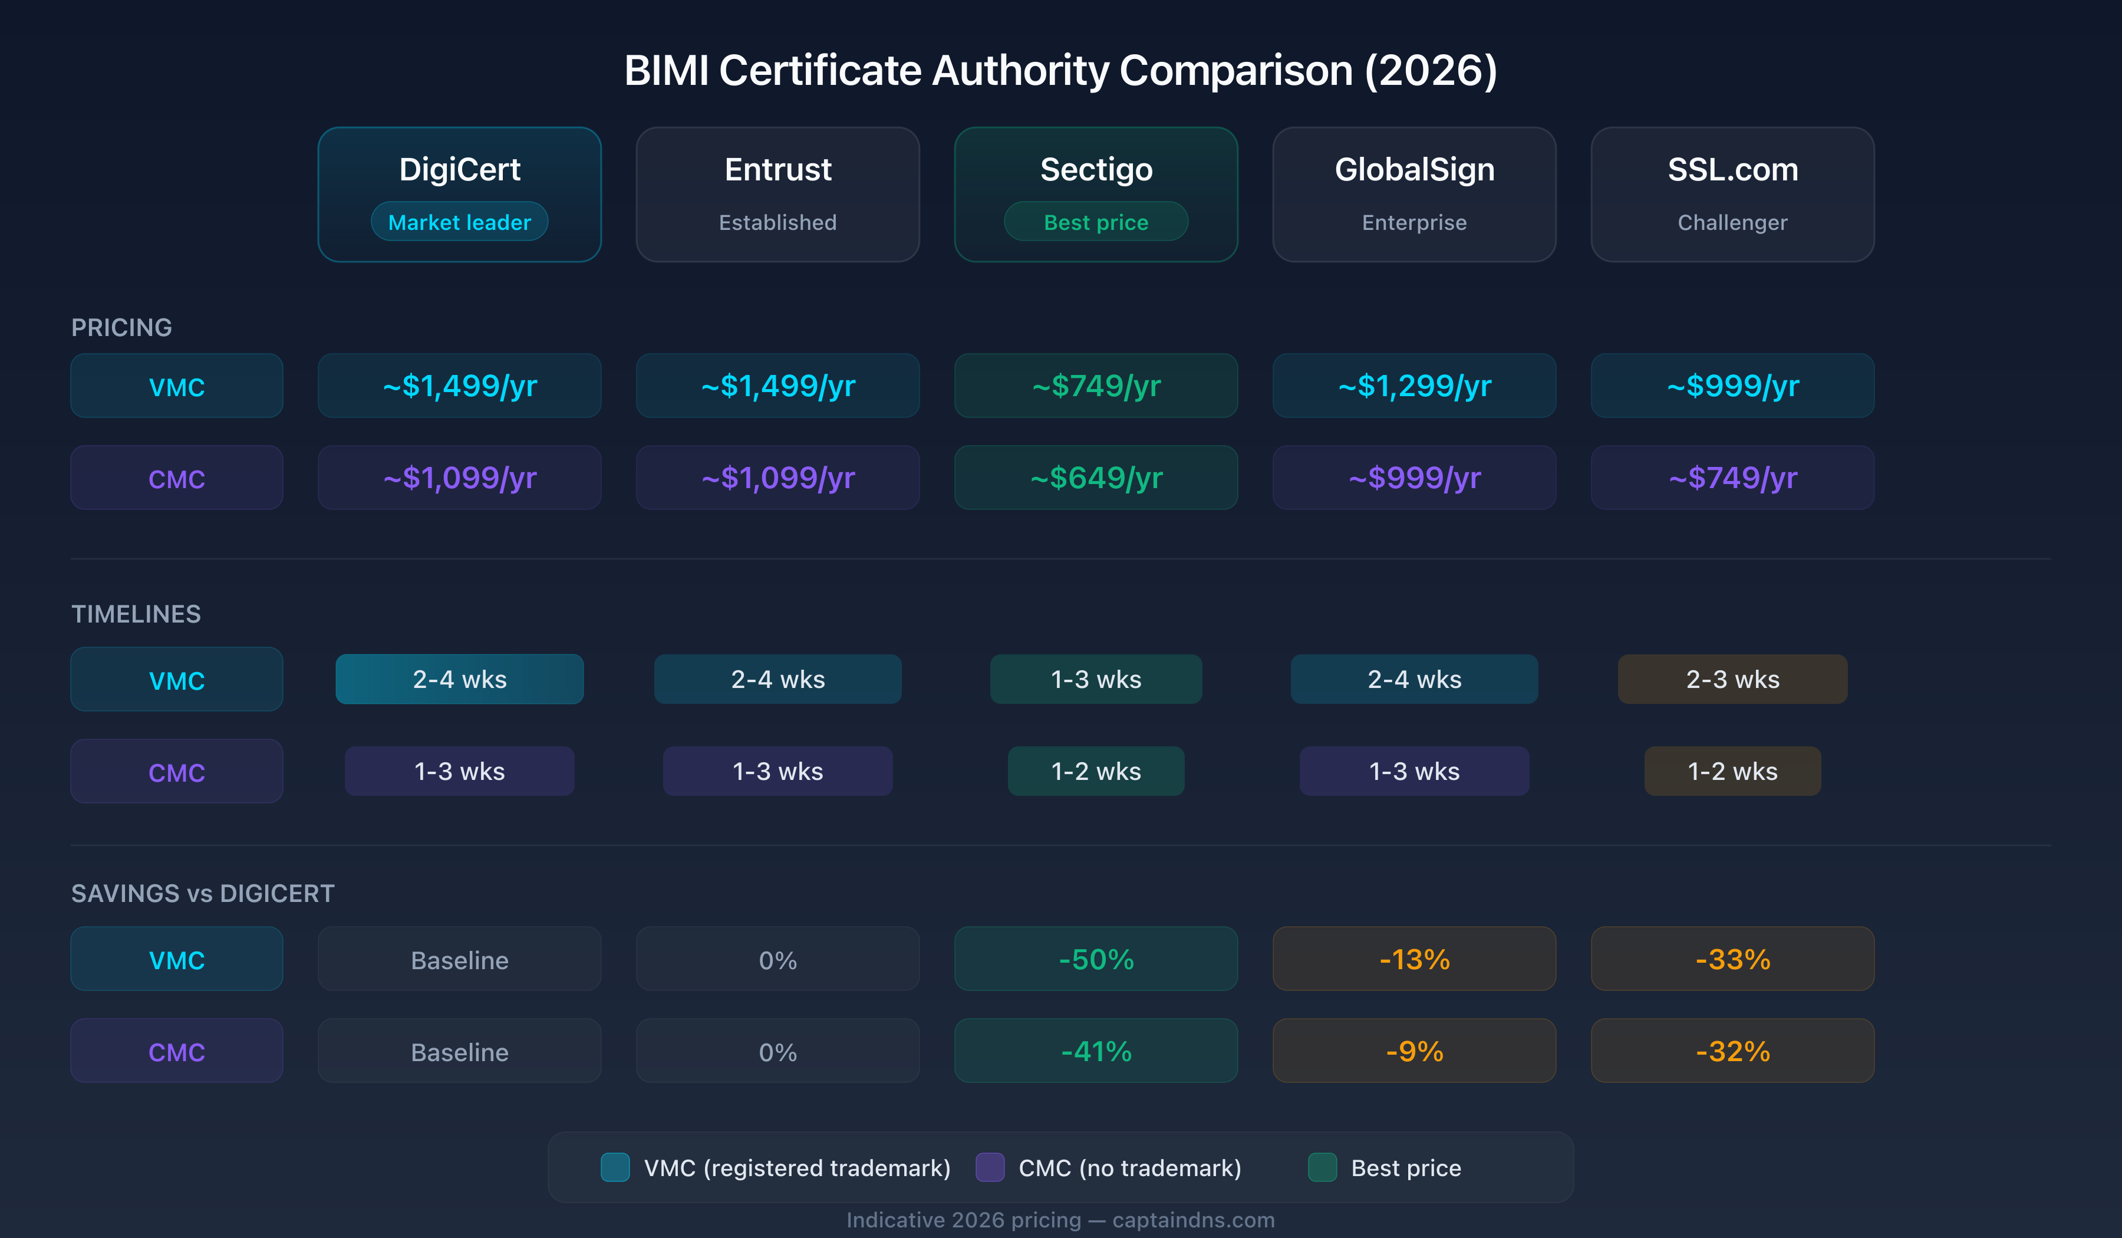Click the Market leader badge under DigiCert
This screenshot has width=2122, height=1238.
(x=459, y=222)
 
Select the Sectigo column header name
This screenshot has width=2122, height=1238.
(x=1096, y=169)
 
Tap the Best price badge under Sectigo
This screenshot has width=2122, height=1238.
(x=1096, y=222)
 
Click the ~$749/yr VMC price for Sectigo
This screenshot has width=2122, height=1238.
(x=1096, y=386)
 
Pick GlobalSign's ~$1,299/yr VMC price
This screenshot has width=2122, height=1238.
(x=1414, y=386)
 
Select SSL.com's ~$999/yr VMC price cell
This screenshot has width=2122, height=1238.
(x=1732, y=386)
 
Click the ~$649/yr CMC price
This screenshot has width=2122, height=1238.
(x=1096, y=478)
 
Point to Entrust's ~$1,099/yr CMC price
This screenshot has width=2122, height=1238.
(x=777, y=478)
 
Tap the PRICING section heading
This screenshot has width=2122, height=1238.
(x=121, y=328)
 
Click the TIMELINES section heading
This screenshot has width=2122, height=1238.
(x=136, y=614)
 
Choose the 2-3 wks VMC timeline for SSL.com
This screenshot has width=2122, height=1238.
(x=1732, y=679)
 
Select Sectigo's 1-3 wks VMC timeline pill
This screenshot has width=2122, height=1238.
(x=1096, y=679)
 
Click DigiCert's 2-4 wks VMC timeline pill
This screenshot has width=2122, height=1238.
(x=459, y=679)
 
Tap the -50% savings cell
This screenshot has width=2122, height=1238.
(x=1096, y=959)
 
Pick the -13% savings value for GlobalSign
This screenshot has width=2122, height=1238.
(x=1414, y=959)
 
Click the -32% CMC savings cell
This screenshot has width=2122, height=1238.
(x=1732, y=1051)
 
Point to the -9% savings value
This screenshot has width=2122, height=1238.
(x=1414, y=1051)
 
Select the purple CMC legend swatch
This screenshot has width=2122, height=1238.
(x=990, y=1167)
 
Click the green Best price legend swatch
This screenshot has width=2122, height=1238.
(x=1322, y=1167)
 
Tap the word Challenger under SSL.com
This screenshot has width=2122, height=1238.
(x=1732, y=222)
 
